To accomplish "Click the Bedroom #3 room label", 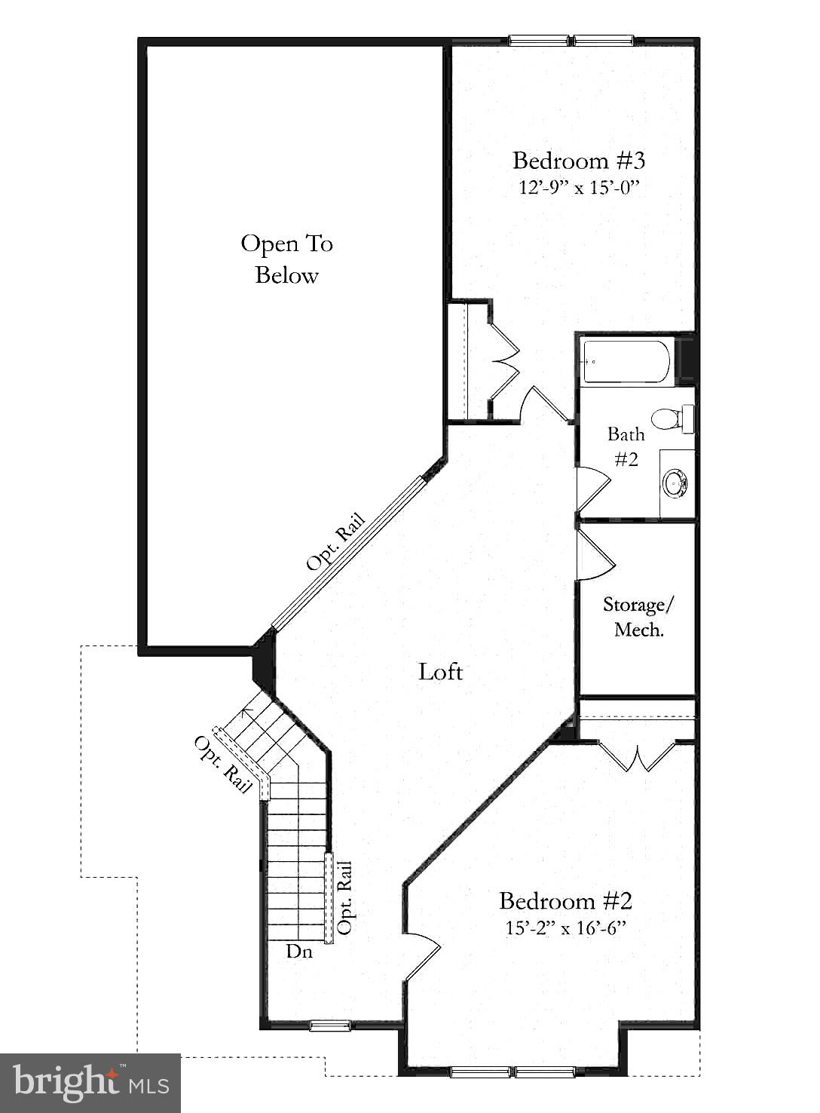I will coord(579,161).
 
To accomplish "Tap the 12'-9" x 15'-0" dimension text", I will coord(579,187).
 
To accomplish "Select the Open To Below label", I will coord(287,259).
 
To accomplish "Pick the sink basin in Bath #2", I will coord(674,482).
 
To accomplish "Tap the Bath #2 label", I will coord(626,446).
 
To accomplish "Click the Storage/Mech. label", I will coord(638,617).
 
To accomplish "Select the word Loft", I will coord(440,671).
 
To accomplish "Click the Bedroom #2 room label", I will coord(565,901).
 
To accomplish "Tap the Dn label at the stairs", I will coord(299,952).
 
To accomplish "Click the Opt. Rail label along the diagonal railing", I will coord(336,541).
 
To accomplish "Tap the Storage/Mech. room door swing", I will coord(595,554).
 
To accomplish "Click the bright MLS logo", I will coord(90,1083).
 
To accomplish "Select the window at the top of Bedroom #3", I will coord(571,41).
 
